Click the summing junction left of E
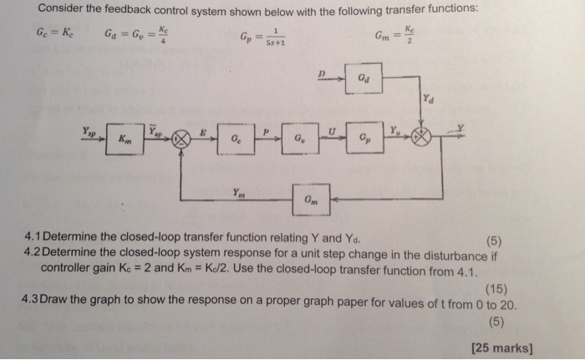(176, 140)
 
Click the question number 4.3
(36, 300)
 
